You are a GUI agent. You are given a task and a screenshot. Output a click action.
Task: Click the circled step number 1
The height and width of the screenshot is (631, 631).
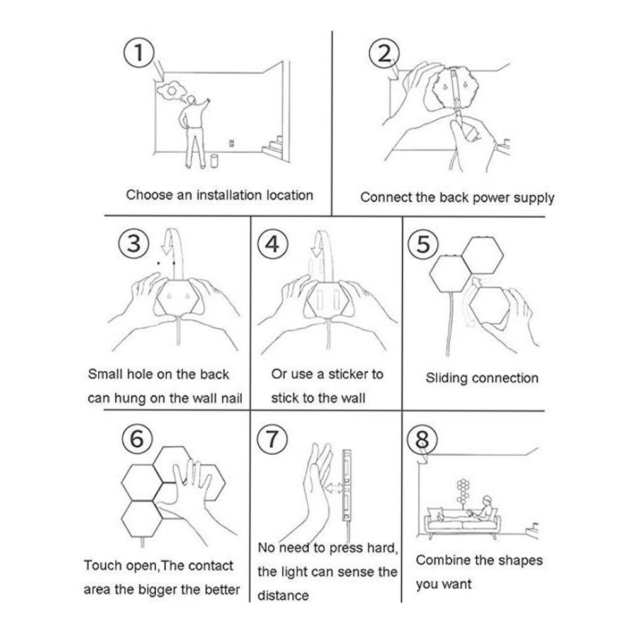[139, 52]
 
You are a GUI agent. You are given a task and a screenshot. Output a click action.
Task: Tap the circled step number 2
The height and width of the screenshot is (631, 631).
[384, 54]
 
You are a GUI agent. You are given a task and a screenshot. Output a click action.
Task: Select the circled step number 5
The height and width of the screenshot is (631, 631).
[423, 244]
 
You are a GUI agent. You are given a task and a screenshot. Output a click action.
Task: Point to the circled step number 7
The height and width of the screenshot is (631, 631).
[272, 438]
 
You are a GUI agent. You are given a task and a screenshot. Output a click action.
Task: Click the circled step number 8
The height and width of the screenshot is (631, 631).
[422, 439]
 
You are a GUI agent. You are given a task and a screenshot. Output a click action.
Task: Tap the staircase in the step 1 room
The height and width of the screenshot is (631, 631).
[273, 148]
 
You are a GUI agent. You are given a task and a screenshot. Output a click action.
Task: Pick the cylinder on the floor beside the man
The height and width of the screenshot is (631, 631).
[214, 161]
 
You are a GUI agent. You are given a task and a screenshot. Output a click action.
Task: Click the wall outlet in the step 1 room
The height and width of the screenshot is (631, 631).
[231, 143]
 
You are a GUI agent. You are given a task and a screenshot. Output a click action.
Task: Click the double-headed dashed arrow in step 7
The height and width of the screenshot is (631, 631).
[334, 488]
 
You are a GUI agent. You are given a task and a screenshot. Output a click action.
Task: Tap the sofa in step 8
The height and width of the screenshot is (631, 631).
[462, 521]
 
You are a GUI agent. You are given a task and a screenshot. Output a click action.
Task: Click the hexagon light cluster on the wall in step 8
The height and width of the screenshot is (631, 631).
[463, 491]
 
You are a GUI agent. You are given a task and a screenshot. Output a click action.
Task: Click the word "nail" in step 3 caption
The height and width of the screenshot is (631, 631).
[232, 398]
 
